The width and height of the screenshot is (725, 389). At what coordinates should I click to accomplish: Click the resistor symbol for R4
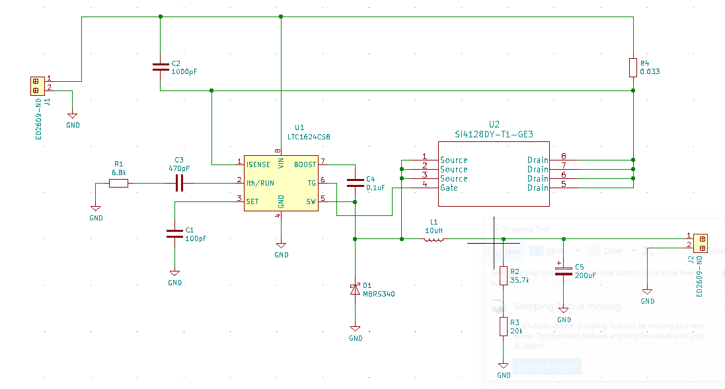click(x=633, y=67)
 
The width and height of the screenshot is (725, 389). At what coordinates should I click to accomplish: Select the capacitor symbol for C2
click(x=160, y=67)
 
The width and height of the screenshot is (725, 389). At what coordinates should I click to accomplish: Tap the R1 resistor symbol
click(x=119, y=183)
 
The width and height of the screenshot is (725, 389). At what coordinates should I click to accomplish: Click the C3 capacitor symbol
click(x=178, y=183)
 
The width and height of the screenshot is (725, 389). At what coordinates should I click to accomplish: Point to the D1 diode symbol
click(x=355, y=289)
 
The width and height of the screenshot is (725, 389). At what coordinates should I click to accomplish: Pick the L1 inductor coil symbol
click(x=434, y=239)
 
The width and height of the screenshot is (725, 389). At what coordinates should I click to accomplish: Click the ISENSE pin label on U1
click(x=258, y=164)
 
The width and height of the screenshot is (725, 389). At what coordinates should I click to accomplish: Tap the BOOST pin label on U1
click(x=305, y=164)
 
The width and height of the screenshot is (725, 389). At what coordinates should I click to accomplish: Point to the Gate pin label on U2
click(x=449, y=188)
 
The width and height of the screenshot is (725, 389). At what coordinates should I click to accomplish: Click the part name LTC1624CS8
click(x=309, y=137)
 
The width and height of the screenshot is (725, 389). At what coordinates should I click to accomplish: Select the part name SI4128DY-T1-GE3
click(x=494, y=134)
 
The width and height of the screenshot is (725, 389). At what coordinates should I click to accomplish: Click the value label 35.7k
click(x=519, y=281)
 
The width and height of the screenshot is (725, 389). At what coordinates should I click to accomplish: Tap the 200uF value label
click(x=586, y=275)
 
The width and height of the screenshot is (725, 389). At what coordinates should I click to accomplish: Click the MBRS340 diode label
click(x=379, y=294)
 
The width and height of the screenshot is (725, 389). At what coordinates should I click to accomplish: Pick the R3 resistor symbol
click(x=504, y=326)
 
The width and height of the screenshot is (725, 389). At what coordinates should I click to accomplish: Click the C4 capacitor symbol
click(x=355, y=183)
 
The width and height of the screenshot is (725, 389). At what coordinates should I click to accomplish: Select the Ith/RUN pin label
click(x=260, y=183)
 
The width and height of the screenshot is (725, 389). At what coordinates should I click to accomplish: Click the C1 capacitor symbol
click(x=174, y=233)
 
